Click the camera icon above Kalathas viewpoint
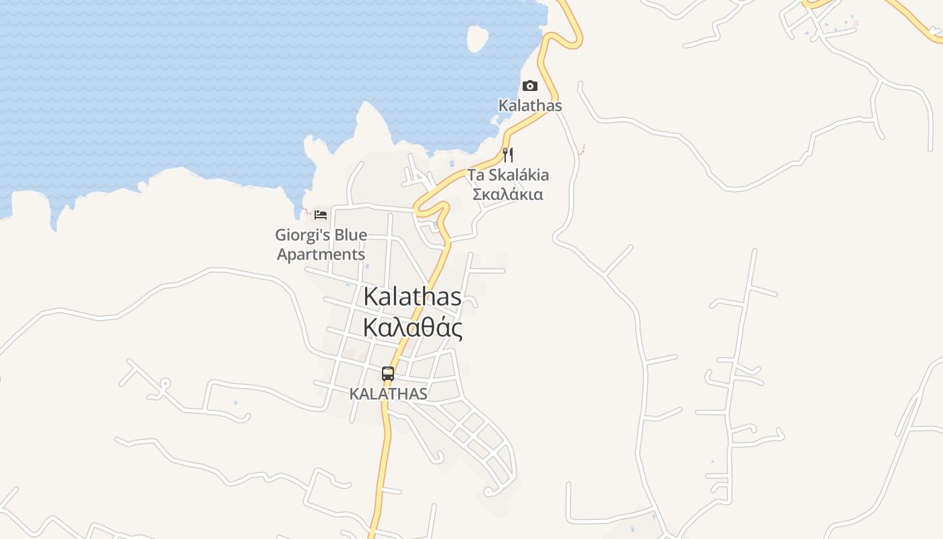pyautogui.click(x=530, y=86)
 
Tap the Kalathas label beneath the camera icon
pyautogui.click(x=530, y=106)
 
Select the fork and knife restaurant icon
pyautogui.click(x=508, y=155)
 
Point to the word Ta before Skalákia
pyautogui.click(x=476, y=175)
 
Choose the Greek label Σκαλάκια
pyautogui.click(x=508, y=195)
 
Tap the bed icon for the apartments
pyautogui.click(x=321, y=215)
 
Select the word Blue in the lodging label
pyautogui.click(x=349, y=235)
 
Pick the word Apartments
pyautogui.click(x=321, y=255)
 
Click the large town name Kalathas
pyautogui.click(x=412, y=297)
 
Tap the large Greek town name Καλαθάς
pyautogui.click(x=412, y=328)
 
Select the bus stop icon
pyautogui.click(x=388, y=374)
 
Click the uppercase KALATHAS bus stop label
pyautogui.click(x=388, y=393)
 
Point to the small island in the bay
pyautogui.click(x=478, y=38)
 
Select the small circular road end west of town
pyautogui.click(x=164, y=384)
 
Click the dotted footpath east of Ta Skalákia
pyautogui.click(x=581, y=149)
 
